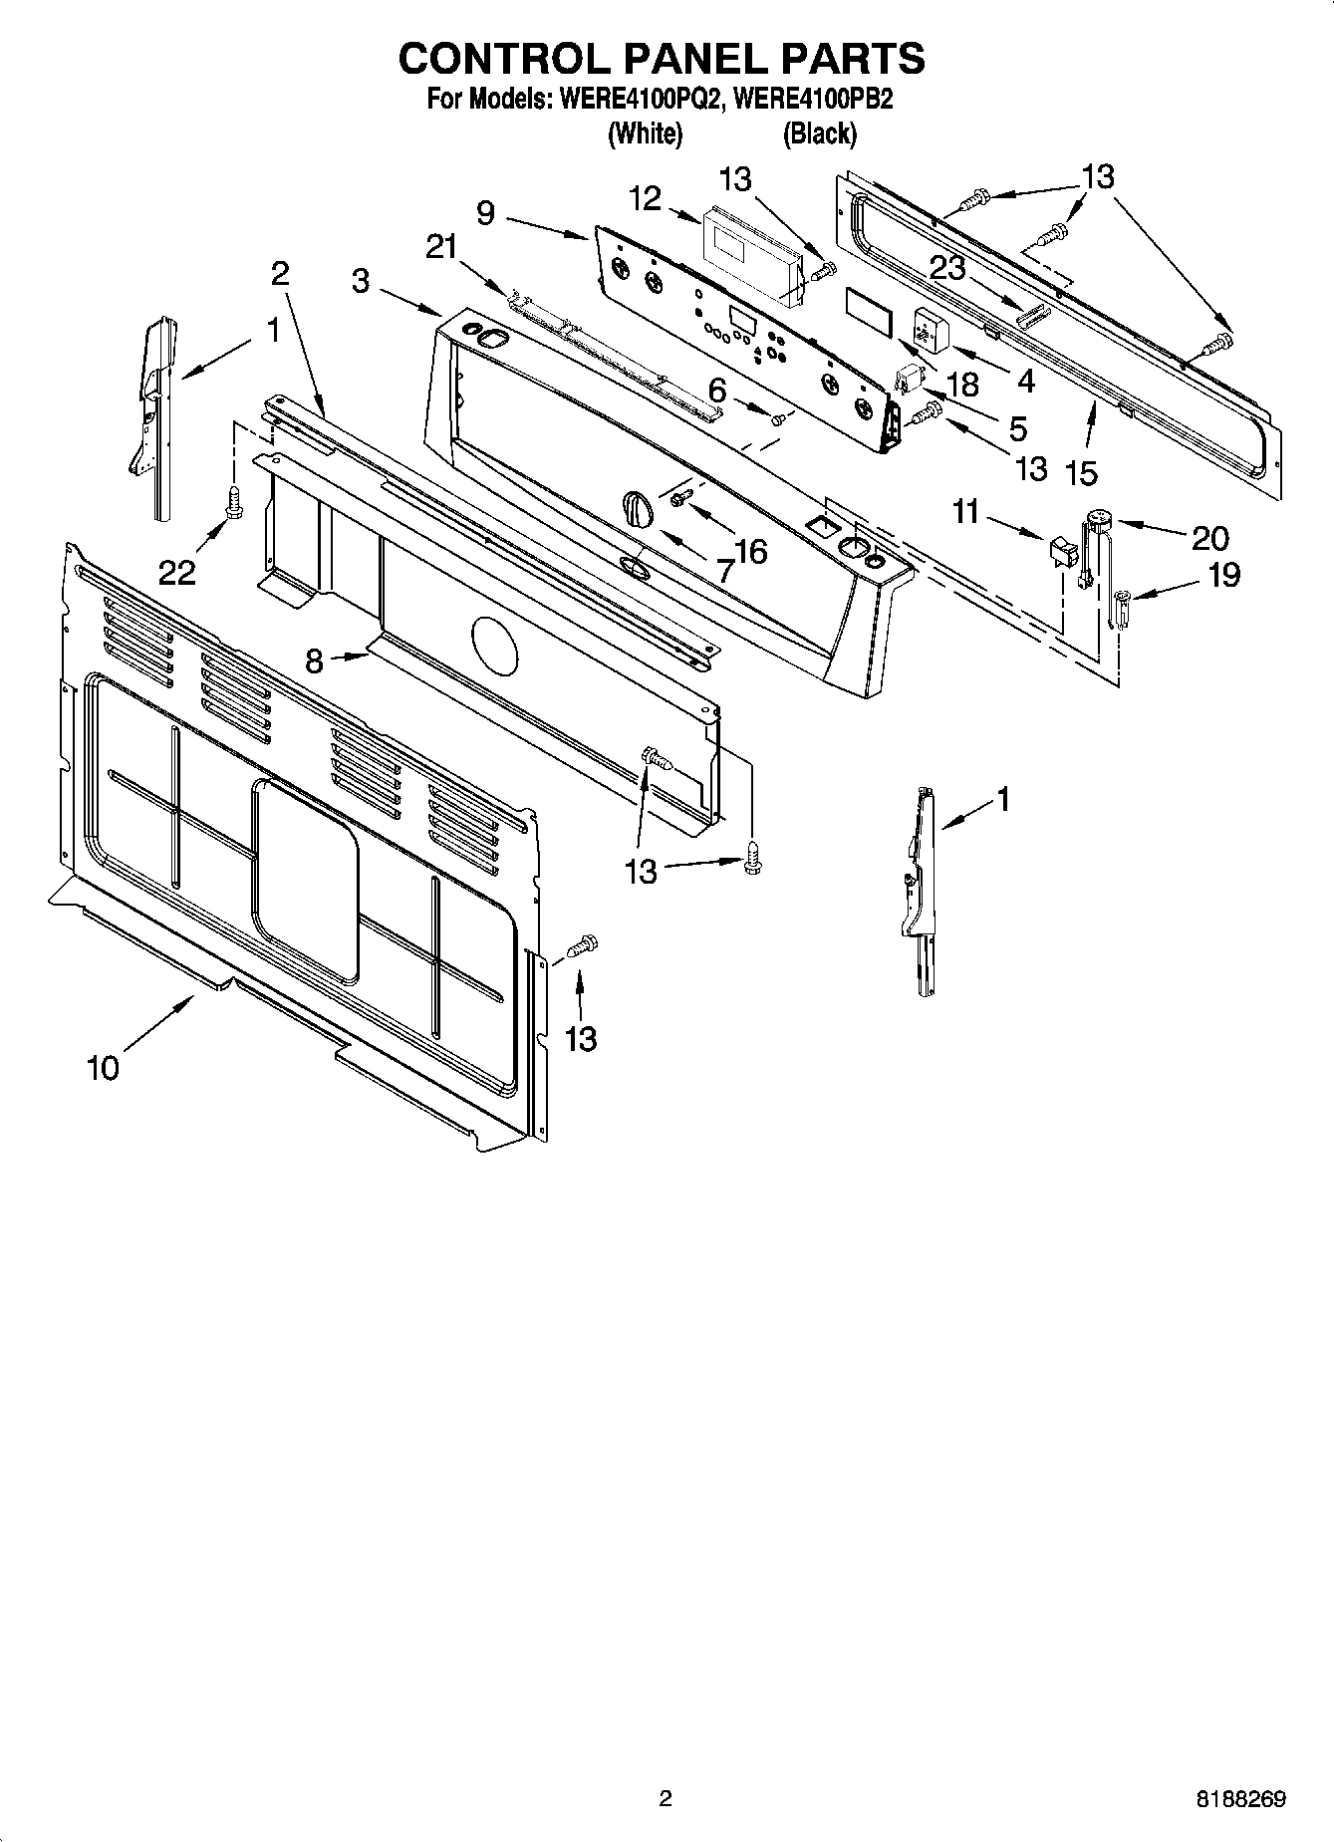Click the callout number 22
[x=177, y=572]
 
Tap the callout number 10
[x=103, y=1068]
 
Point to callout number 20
[x=1209, y=538]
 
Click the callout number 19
[x=1223, y=575]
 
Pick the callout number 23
[x=949, y=267]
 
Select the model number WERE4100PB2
[x=808, y=100]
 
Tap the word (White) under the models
[x=645, y=132]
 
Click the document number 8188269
[x=1240, y=1799]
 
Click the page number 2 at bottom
[x=666, y=1798]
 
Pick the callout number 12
[x=646, y=199]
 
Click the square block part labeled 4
[x=931, y=328]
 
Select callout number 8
[x=314, y=660]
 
